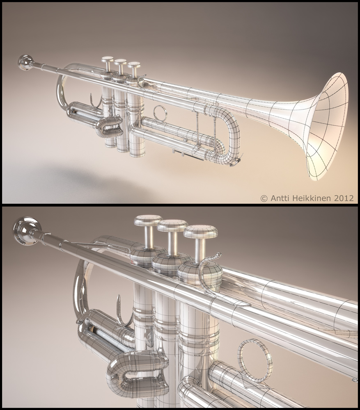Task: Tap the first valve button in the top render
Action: [108, 60]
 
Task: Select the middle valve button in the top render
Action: [120, 62]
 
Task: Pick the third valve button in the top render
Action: [134, 65]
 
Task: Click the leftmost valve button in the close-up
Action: [148, 221]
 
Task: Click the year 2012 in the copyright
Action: [344, 198]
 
